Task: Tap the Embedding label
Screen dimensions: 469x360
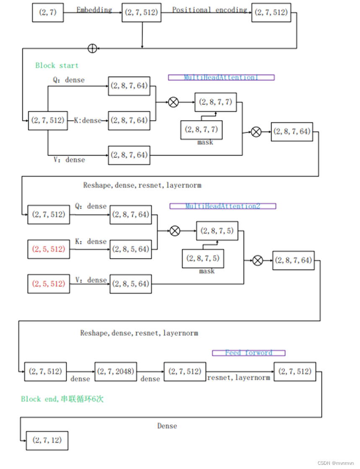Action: (94, 10)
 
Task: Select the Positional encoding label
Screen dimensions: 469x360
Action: (209, 10)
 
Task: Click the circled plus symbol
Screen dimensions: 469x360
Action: (92, 49)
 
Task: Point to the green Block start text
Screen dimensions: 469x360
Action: (57, 65)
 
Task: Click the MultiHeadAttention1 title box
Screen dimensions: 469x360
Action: (221, 77)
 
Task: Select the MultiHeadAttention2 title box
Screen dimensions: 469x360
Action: (223, 206)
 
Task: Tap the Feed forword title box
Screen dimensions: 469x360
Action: (249, 353)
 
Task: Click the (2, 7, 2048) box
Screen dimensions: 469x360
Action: (116, 371)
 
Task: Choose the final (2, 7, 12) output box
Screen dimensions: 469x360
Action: (47, 441)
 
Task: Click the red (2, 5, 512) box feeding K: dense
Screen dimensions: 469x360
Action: (49, 249)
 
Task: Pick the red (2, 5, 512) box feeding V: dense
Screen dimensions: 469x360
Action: (49, 283)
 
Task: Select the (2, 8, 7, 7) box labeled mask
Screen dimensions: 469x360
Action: (202, 130)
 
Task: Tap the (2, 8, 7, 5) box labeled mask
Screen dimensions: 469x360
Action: (203, 258)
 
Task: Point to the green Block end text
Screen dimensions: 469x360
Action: (62, 399)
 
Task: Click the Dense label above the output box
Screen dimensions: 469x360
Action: (167, 426)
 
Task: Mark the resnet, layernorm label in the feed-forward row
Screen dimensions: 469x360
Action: (238, 378)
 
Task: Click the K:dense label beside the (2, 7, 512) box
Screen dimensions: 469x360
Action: (88, 121)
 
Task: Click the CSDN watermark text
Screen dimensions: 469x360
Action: (335, 463)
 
